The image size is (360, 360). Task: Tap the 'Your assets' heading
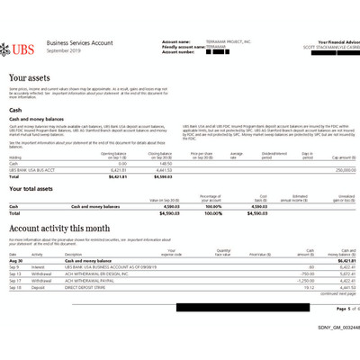29,79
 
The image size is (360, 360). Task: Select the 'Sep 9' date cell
14,267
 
